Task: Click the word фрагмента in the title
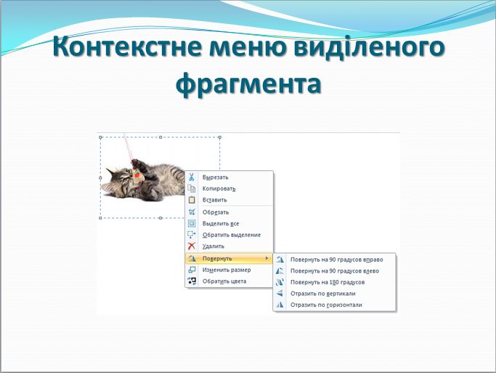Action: click(x=248, y=83)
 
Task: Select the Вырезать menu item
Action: click(x=215, y=177)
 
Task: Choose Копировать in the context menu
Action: click(x=219, y=188)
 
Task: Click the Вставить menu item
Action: click(x=214, y=200)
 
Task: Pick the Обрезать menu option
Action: click(x=215, y=212)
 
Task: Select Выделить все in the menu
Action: click(x=221, y=223)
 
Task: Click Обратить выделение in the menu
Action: click(x=231, y=235)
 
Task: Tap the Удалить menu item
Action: click(x=213, y=246)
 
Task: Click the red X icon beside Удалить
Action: click(x=192, y=246)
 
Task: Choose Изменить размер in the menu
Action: click(x=226, y=270)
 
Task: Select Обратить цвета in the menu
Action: click(x=224, y=281)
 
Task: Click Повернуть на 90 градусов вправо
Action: click(x=336, y=259)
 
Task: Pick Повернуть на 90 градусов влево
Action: click(x=334, y=270)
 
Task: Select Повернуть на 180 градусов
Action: click(x=327, y=282)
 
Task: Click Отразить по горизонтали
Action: click(x=325, y=305)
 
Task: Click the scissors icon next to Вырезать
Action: click(x=192, y=177)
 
